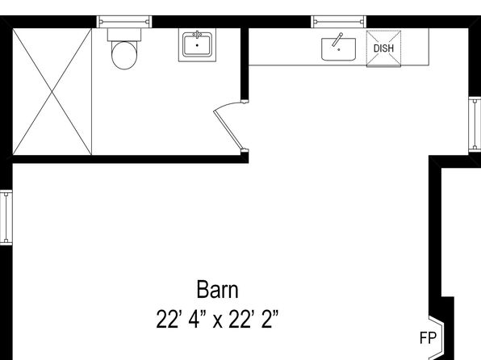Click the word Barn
[217, 290]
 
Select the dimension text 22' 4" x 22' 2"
[217, 320]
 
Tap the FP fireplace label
[428, 338]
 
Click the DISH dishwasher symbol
[384, 48]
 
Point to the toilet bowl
[124, 55]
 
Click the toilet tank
[124, 35]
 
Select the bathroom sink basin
[197, 45]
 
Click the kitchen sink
[338, 49]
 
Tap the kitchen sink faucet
[337, 40]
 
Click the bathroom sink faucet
[198, 33]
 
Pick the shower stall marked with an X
[52, 91]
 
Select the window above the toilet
[124, 22]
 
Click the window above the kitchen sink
[339, 22]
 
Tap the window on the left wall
[6, 217]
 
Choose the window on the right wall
[475, 124]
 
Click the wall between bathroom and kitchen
[245, 65]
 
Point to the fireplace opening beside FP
[437, 337]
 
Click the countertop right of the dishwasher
[415, 47]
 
